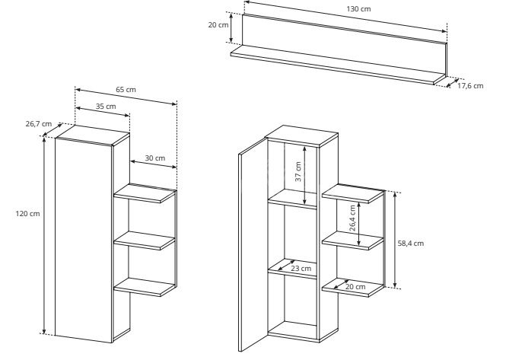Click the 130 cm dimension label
click(358, 9)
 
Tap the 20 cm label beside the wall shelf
click(218, 25)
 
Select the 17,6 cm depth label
click(470, 86)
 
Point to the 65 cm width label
click(126, 90)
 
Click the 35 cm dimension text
click(106, 107)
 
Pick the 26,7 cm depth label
click(39, 123)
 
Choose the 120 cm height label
click(27, 214)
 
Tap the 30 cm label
click(155, 158)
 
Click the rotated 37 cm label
click(298, 171)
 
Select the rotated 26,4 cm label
click(352, 218)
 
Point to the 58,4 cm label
click(410, 244)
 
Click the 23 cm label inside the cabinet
click(301, 269)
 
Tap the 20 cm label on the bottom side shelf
click(355, 286)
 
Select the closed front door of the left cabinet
click(83, 240)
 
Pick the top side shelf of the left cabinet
click(145, 193)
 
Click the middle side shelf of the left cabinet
click(145, 241)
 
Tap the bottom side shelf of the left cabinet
click(145, 287)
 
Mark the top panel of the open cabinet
click(302, 135)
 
